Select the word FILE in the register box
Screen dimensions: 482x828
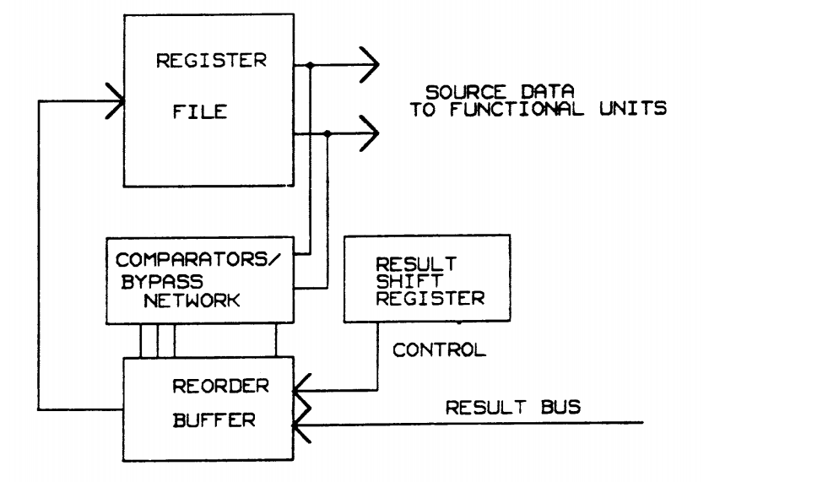coord(197,111)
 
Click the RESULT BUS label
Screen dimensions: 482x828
coord(513,408)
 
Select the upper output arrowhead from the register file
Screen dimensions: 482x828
coord(368,64)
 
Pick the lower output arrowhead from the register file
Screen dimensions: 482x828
coord(370,133)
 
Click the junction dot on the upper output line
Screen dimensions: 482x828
coord(312,64)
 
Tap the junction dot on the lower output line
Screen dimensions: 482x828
coord(327,133)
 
